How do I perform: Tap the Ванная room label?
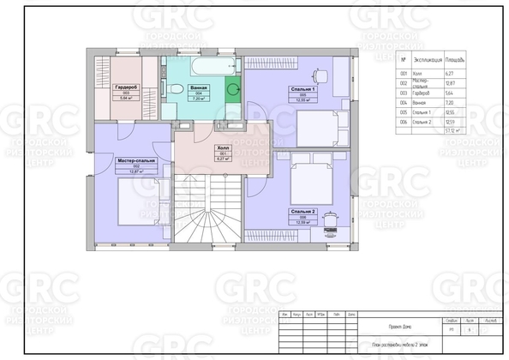198,87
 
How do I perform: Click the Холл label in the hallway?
223,147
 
